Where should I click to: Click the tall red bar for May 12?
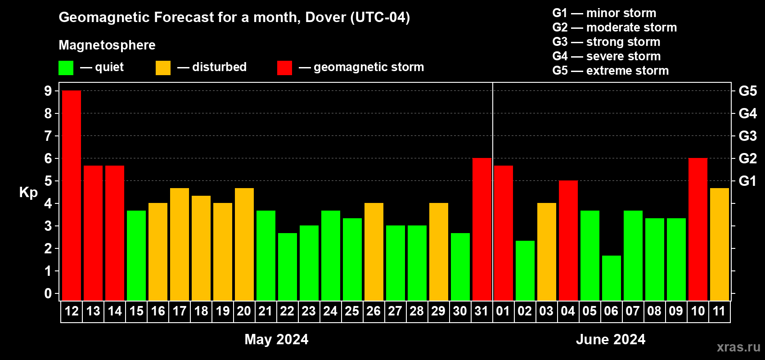point(72,195)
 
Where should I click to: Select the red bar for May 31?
point(482,229)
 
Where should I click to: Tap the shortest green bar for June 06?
point(612,278)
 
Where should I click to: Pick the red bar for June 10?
point(698,229)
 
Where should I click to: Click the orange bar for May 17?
point(180,244)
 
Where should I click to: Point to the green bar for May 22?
point(288,266)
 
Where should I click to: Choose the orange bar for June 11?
point(720,244)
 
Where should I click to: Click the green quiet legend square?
point(66,68)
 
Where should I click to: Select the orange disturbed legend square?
point(163,68)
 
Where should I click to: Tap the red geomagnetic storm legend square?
point(284,68)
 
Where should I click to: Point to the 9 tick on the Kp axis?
point(48,91)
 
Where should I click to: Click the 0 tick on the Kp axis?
point(48,294)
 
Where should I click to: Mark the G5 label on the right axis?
point(747,91)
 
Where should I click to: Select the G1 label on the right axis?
point(747,181)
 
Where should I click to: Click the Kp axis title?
point(28,192)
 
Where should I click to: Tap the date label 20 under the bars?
point(244,311)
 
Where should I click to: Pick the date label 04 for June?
point(568,311)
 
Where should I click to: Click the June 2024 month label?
point(611,339)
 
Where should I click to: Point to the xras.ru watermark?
point(738,347)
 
